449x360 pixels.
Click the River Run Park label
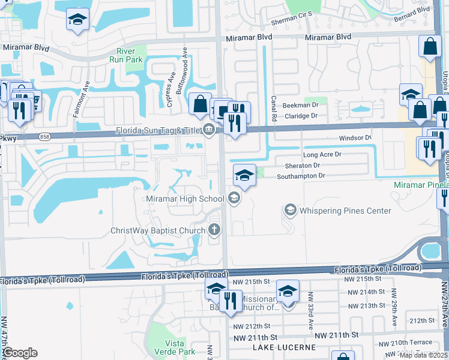125,55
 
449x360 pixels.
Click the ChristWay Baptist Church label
158,230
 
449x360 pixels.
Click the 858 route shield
44,137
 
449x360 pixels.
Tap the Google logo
20,353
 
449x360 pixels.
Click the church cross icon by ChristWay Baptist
214,230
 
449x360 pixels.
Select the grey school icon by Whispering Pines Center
291,210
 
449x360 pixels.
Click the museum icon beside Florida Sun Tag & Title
208,128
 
